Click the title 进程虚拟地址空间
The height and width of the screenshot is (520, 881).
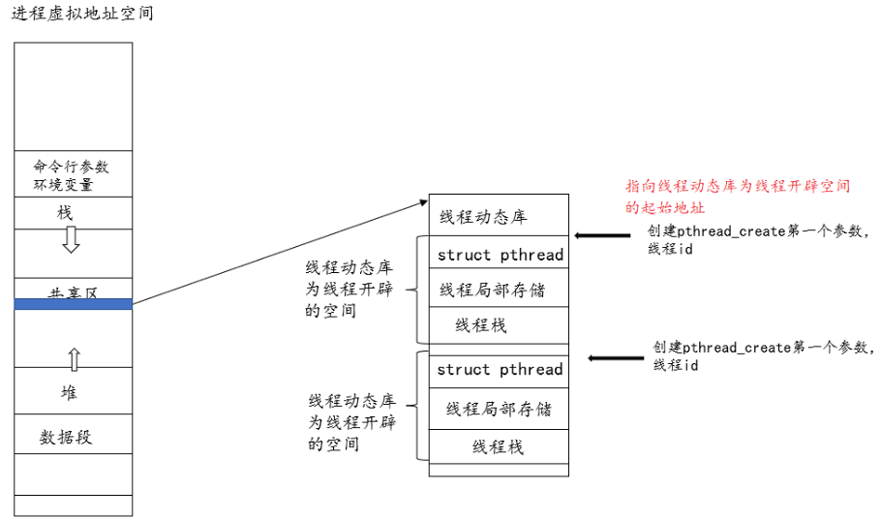click(81, 15)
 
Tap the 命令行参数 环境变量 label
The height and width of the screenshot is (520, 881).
click(71, 175)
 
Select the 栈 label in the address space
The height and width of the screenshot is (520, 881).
click(66, 213)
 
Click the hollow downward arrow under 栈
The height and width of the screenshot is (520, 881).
click(71, 239)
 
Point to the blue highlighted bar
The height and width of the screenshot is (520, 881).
click(74, 304)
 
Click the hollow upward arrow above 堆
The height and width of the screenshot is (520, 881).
click(74, 359)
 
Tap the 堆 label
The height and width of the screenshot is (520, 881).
click(69, 392)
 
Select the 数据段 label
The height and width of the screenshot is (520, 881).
click(66, 437)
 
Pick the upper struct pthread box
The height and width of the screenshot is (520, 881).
click(500, 256)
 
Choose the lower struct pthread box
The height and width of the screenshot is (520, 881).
click(500, 370)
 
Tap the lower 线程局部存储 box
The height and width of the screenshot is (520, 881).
click(499, 409)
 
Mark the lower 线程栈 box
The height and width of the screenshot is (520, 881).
click(499, 446)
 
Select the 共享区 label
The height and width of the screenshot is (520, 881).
click(74, 292)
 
